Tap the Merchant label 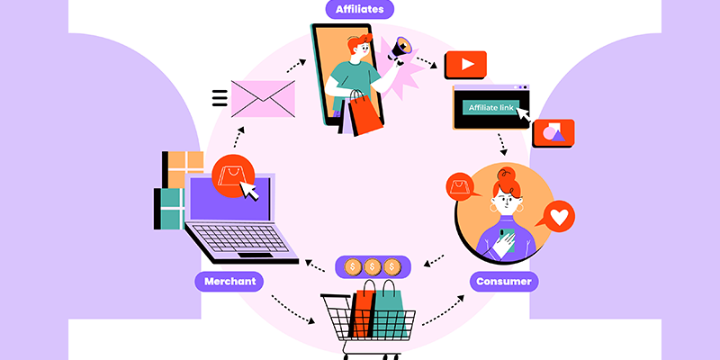click(x=229, y=281)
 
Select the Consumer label click(x=504, y=281)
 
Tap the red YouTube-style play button click(x=465, y=65)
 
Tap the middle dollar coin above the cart click(x=372, y=266)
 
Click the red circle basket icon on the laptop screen click(x=232, y=175)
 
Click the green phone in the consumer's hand click(x=507, y=237)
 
